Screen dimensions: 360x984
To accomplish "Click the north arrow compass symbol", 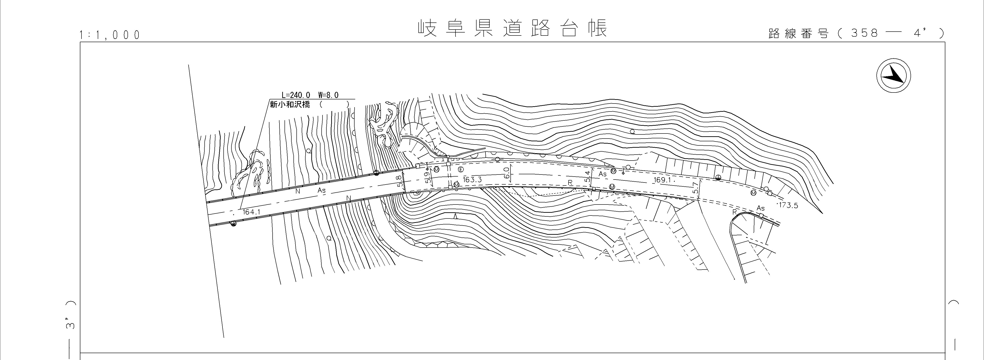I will [x=893, y=75].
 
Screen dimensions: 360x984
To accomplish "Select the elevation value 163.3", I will [x=472, y=180].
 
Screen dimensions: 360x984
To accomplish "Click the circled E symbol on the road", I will [x=461, y=169].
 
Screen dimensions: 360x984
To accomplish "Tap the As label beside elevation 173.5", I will [x=761, y=208].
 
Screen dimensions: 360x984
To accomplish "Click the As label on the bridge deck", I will [x=322, y=190].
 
